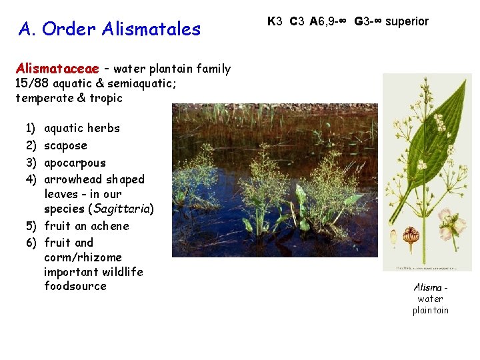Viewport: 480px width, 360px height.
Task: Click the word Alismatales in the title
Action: tap(151, 29)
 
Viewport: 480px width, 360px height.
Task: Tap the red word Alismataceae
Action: tap(57, 69)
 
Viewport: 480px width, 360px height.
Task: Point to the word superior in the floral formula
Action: tap(407, 21)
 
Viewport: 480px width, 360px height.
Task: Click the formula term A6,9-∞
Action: tap(329, 21)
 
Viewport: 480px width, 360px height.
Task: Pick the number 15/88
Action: tap(31, 83)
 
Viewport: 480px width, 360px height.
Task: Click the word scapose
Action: tap(65, 145)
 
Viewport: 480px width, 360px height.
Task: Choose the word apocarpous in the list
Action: tap(75, 163)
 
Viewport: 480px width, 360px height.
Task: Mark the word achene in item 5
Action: tap(110, 226)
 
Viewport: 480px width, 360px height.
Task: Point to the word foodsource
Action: tap(75, 286)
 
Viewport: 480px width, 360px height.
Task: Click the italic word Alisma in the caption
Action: tap(428, 287)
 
